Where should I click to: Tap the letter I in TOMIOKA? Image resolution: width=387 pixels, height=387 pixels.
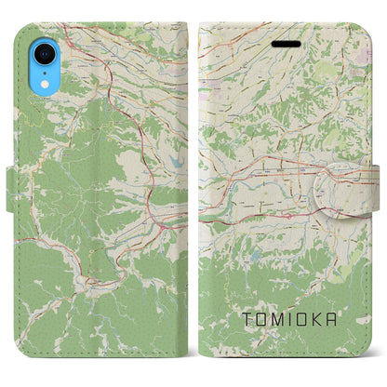[287, 319]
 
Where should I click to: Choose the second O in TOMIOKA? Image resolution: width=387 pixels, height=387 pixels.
[300, 319]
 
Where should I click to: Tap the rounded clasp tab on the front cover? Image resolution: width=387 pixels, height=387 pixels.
[352, 173]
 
